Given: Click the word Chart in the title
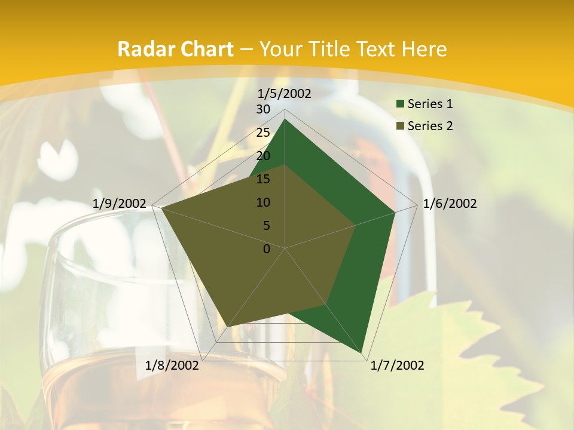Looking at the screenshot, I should click(x=203, y=49).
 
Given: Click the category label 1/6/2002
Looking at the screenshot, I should click(x=450, y=204).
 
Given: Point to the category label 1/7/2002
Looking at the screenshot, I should click(x=397, y=365).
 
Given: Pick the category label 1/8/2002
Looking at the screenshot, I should click(x=172, y=365).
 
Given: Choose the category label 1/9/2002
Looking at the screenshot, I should click(x=120, y=204).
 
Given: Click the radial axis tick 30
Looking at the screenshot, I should click(x=263, y=109).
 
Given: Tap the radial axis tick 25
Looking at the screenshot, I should click(x=263, y=133).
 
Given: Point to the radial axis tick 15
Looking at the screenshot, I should click(x=263, y=179).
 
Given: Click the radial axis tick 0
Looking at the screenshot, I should click(x=267, y=249).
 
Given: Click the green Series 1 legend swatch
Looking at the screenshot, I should click(x=400, y=105).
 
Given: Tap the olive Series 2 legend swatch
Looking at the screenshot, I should click(x=400, y=126).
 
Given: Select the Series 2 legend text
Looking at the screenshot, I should click(x=430, y=126).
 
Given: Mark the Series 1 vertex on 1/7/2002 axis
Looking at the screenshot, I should click(x=362, y=353).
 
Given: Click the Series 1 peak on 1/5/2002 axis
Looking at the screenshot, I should click(x=285, y=119).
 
